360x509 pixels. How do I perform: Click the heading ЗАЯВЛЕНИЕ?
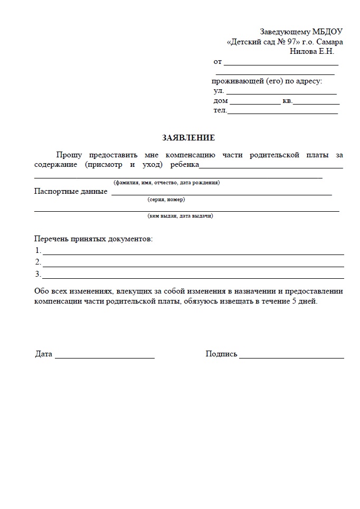click(x=188, y=138)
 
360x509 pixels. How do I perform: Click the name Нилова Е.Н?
click(x=311, y=51)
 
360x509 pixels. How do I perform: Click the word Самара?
click(x=329, y=42)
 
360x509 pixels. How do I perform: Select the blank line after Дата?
click(x=105, y=357)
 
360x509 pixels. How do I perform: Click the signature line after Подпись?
click(x=291, y=357)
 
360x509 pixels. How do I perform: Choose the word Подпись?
click(x=221, y=354)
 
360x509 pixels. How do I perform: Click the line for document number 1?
click(x=193, y=253)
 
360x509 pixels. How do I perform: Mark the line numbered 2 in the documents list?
click(x=193, y=266)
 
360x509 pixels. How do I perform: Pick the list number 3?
click(x=37, y=274)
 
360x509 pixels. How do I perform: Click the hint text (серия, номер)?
click(x=166, y=200)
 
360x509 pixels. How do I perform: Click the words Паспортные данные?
click(x=71, y=191)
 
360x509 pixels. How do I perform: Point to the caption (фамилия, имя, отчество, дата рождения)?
click(x=166, y=183)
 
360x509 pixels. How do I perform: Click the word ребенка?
click(x=185, y=165)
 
